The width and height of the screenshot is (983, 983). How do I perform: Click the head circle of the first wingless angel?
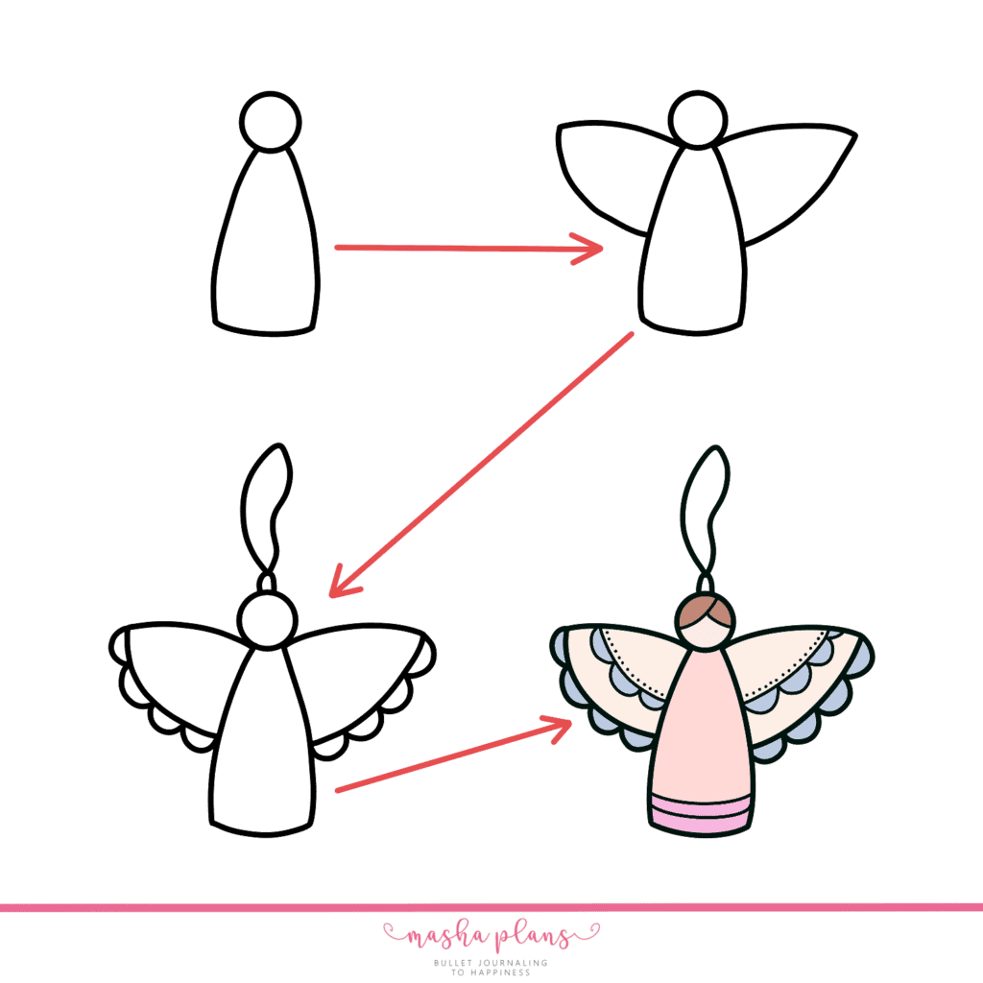point(270,121)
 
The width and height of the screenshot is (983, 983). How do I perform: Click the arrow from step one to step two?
point(468,249)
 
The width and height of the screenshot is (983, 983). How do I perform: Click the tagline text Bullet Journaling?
point(491,961)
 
